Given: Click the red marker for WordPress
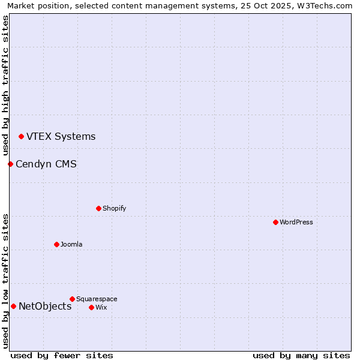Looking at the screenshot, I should click(x=275, y=222).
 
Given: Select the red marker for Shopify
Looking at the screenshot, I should click(x=98, y=208).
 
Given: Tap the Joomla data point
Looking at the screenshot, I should click(x=56, y=244).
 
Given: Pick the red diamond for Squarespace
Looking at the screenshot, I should click(x=72, y=299).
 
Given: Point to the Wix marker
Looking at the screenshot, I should click(x=91, y=307).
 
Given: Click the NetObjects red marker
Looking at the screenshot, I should click(x=13, y=307).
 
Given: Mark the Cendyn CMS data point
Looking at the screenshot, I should click(x=10, y=164).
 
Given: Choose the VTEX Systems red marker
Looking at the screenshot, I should click(x=21, y=136).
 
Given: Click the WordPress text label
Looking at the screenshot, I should click(x=296, y=222).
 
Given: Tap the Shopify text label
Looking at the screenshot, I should click(x=114, y=208).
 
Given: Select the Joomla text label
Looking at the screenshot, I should click(x=71, y=244).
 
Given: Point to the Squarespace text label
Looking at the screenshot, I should click(x=97, y=299).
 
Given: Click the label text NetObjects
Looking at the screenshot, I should click(x=45, y=307).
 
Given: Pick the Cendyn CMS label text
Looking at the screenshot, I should click(x=46, y=164).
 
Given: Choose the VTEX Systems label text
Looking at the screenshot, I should click(x=61, y=136).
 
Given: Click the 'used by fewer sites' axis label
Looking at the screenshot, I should click(x=62, y=355).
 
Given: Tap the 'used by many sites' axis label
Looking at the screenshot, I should click(x=301, y=355).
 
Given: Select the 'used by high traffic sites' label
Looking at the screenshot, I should click(x=5, y=85).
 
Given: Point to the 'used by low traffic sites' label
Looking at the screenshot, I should click(x=5, y=281).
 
